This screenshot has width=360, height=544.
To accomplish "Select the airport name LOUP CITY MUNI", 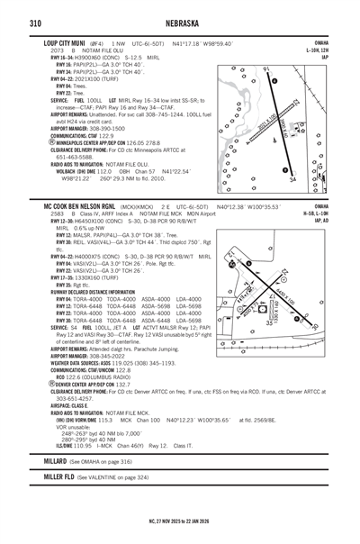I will tap(64, 43).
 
